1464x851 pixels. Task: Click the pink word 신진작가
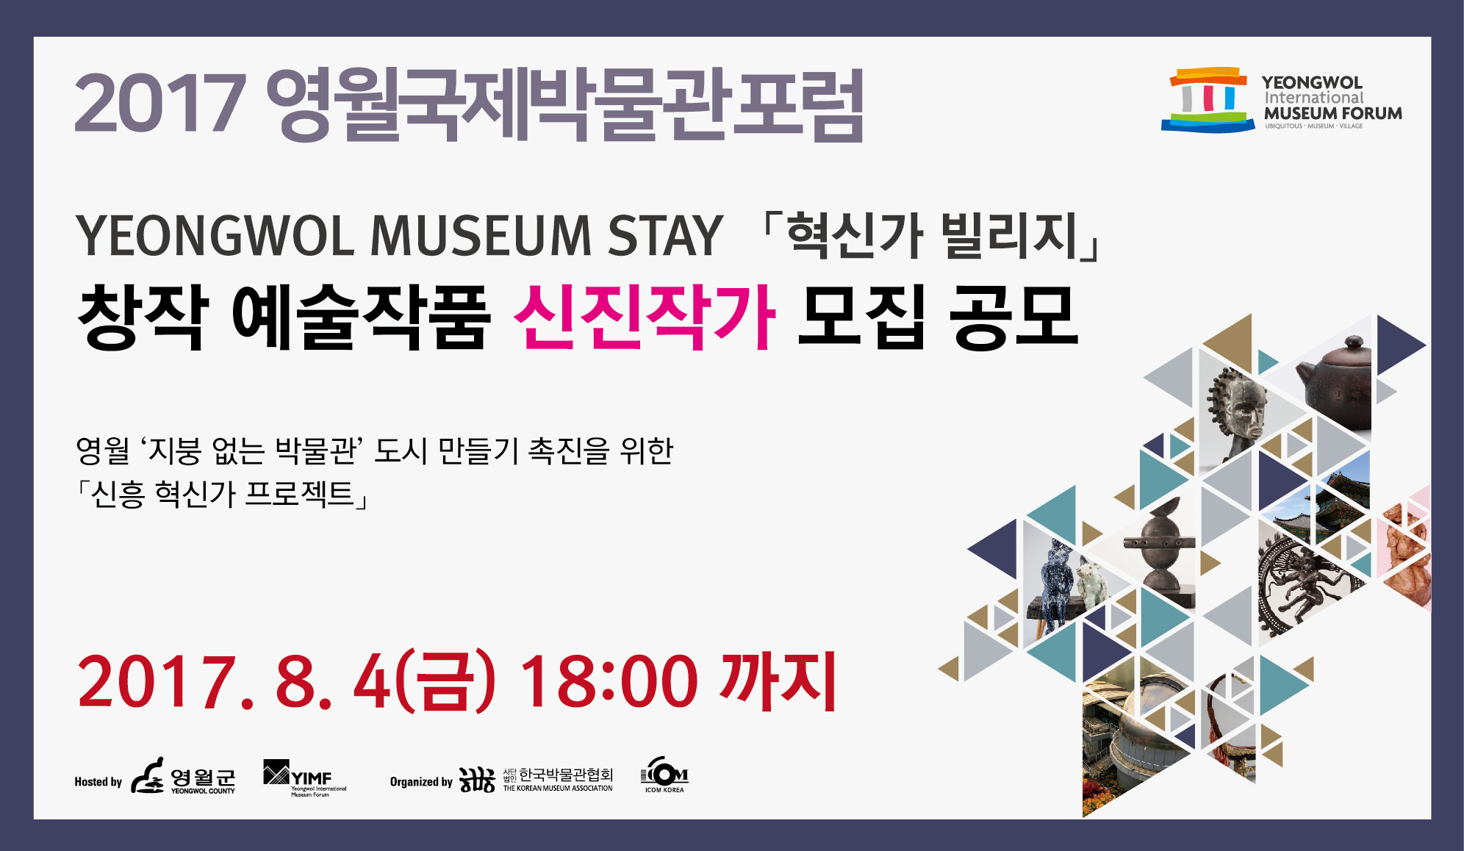coord(644,317)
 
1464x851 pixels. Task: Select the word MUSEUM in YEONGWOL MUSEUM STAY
coord(481,237)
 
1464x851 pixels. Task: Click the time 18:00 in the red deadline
coord(609,682)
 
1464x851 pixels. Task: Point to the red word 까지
coord(780,681)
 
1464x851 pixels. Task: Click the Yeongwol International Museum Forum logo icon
coord(1208,100)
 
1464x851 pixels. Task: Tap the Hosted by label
coord(98,782)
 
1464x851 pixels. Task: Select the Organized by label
coord(421,782)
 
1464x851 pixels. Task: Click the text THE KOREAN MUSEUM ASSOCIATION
coord(558,789)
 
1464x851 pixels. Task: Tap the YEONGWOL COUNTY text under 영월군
coord(203,791)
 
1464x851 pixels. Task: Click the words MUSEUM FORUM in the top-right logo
coord(1332,114)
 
